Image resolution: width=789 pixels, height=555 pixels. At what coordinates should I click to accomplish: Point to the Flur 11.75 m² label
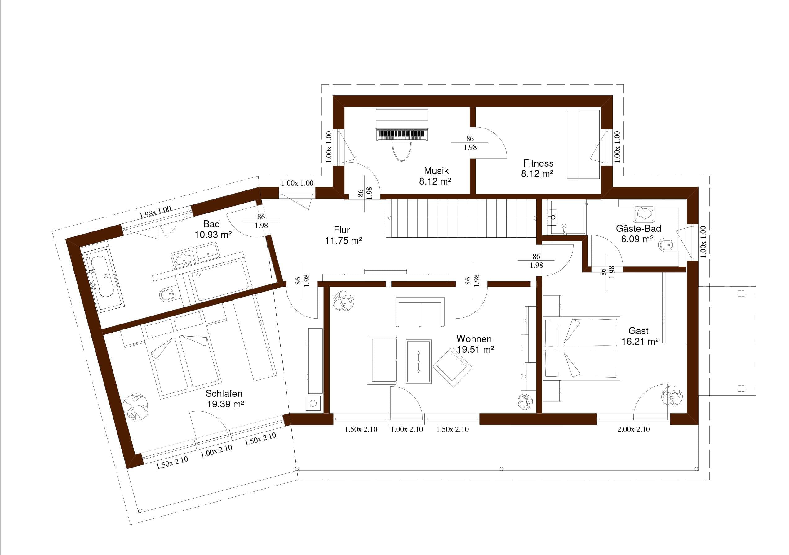pos(343,235)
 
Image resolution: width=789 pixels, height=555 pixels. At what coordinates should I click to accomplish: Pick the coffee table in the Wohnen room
pos(418,361)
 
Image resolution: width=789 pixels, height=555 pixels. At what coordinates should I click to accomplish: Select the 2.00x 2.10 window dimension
pos(634,429)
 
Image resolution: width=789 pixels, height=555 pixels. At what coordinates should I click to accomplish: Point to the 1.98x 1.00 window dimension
pos(155,212)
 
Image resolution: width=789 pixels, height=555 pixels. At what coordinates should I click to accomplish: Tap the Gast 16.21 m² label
pos(640,336)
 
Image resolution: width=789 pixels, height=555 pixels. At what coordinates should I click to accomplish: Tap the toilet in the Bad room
pos(167,294)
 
